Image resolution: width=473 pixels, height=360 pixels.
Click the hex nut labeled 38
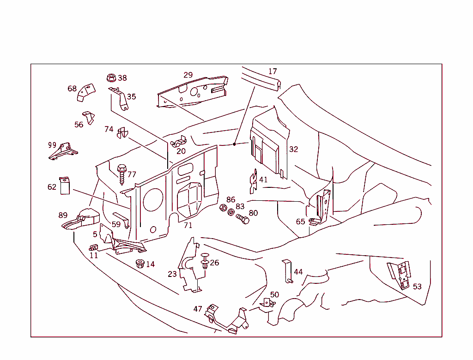pos(111,78)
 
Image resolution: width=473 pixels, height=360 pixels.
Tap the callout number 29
pos(188,75)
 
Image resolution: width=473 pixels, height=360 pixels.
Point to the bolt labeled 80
pos(242,218)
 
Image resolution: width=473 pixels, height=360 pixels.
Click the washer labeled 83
pos(231,213)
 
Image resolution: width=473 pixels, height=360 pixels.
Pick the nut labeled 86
pos(223,208)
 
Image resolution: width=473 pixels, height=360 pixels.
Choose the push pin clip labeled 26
pos(205,262)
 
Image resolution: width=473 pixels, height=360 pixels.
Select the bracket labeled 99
pos(63,151)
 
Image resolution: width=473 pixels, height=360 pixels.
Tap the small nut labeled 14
pos(139,264)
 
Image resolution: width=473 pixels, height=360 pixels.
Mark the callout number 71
pos(188,226)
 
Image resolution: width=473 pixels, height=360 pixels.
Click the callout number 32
pos(294,149)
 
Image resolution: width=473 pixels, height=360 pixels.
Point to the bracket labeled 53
pos(400,275)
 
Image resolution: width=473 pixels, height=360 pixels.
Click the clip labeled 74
pos(122,133)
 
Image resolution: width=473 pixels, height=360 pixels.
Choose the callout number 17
pos(273,71)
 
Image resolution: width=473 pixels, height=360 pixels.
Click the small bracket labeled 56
pos(88,117)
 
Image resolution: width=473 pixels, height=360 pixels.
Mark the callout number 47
pos(198,309)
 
